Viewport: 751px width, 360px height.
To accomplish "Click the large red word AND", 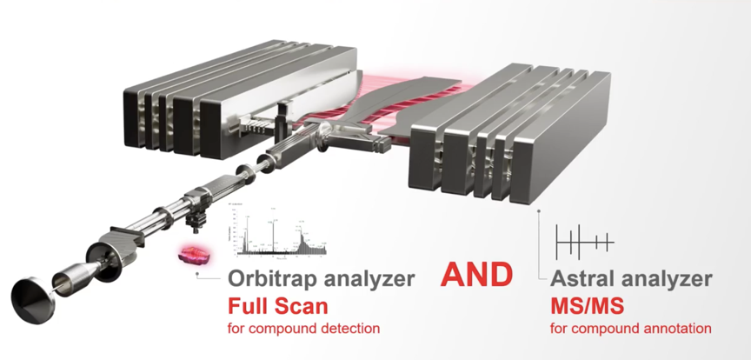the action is coord(476,275).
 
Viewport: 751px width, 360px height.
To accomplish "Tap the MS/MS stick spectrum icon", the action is coord(583,240).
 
